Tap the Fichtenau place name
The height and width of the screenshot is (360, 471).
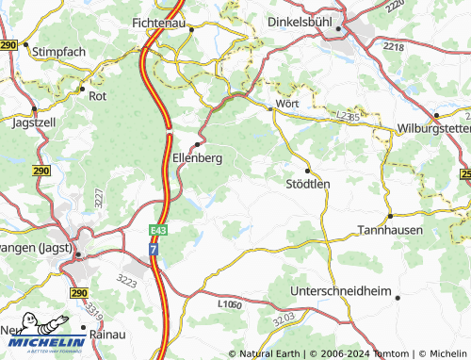pyautogui.click(x=164, y=20)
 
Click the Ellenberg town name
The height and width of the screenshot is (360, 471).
pyautogui.click(x=198, y=158)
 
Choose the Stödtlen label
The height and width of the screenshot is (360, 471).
pyautogui.click(x=308, y=184)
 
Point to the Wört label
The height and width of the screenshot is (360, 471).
pyautogui.click(x=286, y=103)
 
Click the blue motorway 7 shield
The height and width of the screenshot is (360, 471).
pyautogui.click(x=154, y=249)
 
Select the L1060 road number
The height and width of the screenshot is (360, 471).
pyautogui.click(x=228, y=305)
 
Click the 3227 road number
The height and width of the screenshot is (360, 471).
pyautogui.click(x=98, y=199)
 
